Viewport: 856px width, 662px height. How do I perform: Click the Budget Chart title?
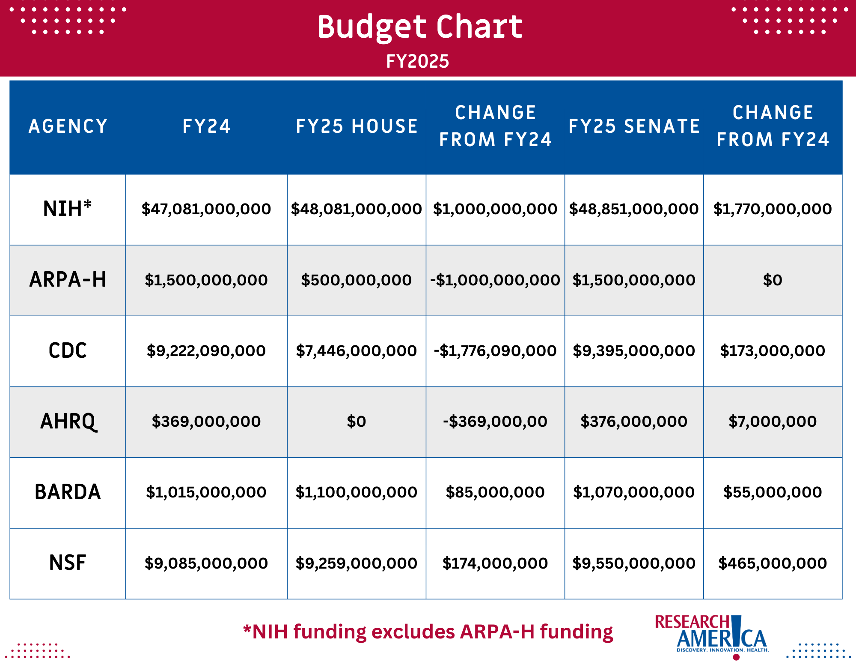[419, 27]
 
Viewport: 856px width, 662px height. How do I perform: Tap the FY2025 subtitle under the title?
[417, 61]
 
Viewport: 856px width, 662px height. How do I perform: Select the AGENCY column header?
[68, 126]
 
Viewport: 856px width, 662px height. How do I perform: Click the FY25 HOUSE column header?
[357, 126]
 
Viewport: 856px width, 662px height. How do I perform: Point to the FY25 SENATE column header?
[634, 126]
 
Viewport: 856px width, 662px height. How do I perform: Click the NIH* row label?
[68, 209]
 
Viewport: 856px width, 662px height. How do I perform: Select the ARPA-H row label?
[68, 280]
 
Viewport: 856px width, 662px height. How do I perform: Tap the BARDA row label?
[68, 492]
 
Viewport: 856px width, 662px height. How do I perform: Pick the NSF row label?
[68, 563]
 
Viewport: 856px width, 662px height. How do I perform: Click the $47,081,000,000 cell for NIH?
[206, 209]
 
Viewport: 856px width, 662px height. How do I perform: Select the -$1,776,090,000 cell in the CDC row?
[495, 351]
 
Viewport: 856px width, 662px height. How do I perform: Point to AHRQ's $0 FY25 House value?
[357, 422]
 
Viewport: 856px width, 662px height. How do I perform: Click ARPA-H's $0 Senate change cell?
[773, 280]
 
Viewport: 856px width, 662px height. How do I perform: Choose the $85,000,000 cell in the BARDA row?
[495, 492]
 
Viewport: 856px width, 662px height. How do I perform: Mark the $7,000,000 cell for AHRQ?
[773, 422]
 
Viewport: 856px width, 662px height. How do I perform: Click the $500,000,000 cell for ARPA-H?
[357, 280]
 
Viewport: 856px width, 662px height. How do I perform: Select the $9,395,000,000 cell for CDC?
[634, 351]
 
